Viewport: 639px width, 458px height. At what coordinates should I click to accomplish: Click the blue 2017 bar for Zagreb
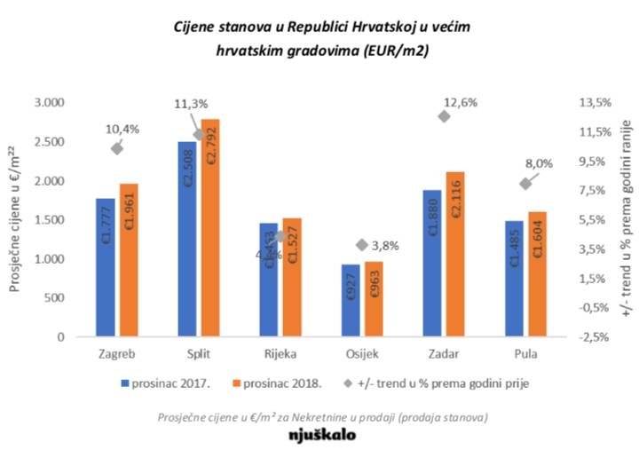106,267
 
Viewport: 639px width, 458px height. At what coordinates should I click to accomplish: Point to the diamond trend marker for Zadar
445,116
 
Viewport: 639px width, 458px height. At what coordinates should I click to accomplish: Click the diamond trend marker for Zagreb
116,148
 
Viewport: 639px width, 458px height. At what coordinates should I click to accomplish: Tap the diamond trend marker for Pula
525,184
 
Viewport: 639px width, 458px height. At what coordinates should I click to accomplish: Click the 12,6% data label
463,102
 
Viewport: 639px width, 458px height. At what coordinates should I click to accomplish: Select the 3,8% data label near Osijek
385,246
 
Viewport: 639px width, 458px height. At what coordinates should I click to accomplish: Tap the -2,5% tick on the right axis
593,337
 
